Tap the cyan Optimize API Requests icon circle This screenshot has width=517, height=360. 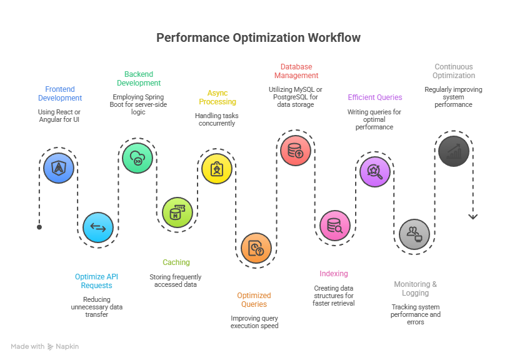[98, 227]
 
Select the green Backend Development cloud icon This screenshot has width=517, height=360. [138, 158]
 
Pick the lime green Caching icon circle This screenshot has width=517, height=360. [178, 212]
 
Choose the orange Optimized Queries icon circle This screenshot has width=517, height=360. [256, 248]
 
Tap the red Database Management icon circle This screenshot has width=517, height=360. [295, 151]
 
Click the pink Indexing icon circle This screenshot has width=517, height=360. [335, 226]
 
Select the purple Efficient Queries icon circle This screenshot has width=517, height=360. [375, 171]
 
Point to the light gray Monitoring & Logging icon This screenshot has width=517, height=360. [414, 234]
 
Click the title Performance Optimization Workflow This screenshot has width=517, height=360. [258, 38]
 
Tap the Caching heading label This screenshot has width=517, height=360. [176, 262]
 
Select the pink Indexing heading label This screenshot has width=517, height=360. [334, 274]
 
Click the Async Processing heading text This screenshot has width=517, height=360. [218, 97]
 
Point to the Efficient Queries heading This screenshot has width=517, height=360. [375, 97]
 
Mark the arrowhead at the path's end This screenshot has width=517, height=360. [473, 216]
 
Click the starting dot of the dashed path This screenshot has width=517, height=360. [39, 227]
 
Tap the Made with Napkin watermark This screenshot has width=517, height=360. [45, 346]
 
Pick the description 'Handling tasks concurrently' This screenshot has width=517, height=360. [217, 119]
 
